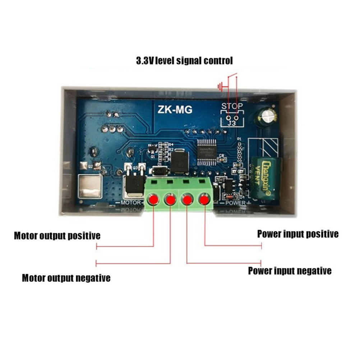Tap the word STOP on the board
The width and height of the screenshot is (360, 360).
[232, 106]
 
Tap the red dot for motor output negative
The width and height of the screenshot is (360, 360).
[170, 199]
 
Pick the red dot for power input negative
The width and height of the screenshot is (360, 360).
[187, 199]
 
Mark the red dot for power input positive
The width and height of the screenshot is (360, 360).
[205, 199]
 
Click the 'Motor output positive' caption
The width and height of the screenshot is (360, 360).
[57, 236]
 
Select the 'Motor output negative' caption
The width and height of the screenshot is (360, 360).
[66, 278]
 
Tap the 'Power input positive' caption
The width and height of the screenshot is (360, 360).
[297, 234]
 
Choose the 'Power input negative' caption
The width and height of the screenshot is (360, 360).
[290, 271]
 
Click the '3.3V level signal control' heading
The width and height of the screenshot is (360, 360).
[184, 61]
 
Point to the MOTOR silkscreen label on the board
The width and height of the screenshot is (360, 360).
[131, 203]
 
